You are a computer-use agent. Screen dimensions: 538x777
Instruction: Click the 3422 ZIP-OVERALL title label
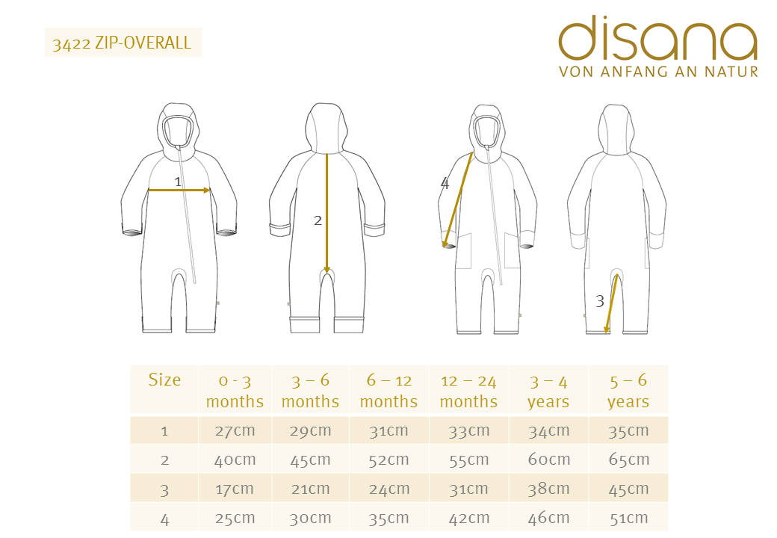tap(123, 43)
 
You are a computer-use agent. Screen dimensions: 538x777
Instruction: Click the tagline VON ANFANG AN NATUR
tap(658, 72)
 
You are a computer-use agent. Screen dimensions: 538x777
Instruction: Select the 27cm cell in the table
tap(235, 430)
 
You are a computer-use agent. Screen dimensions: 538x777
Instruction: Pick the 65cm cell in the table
tap(628, 460)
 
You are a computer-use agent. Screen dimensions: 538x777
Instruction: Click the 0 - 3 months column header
tap(235, 391)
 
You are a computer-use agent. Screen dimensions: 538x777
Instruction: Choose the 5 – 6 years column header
tap(628, 391)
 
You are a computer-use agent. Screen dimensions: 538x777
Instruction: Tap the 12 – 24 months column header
tap(468, 391)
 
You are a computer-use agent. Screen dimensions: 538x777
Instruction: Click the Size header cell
tap(164, 380)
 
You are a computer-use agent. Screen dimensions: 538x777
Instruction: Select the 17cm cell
tap(235, 489)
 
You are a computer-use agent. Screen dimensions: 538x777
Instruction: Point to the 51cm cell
tap(628, 518)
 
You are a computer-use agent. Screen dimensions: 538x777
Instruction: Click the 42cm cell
tap(468, 518)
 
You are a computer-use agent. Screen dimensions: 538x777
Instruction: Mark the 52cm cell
tap(388, 460)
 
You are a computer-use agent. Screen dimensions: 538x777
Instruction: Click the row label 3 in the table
tap(164, 489)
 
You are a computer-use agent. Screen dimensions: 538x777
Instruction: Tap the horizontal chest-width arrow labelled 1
tap(179, 191)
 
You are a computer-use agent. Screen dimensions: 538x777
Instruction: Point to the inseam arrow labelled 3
tap(612, 303)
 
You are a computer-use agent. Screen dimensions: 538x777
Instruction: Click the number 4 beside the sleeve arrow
tap(445, 183)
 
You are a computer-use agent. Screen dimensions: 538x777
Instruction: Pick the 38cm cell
tap(548, 489)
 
